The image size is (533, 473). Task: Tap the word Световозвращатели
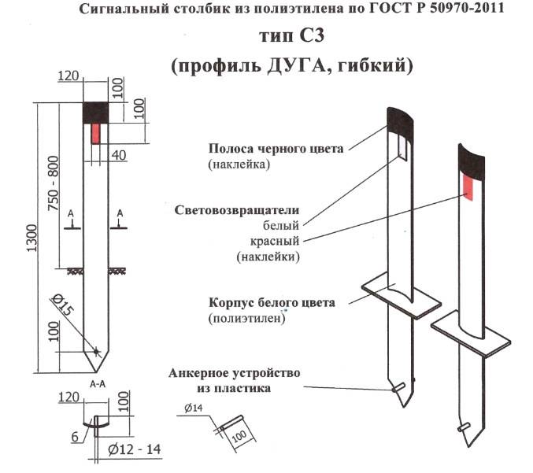236,210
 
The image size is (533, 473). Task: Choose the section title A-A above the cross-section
97,385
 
